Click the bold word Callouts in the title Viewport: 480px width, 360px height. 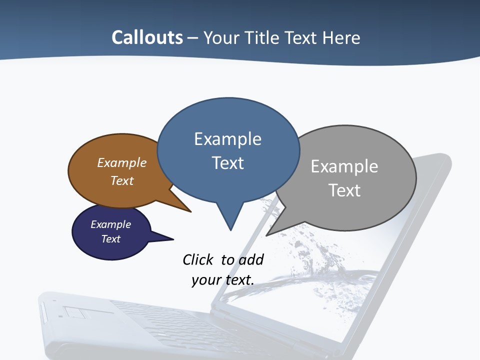click(x=147, y=37)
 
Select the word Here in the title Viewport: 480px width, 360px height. click(x=342, y=37)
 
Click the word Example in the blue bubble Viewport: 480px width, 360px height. click(x=227, y=139)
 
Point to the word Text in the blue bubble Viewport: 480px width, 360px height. click(x=227, y=163)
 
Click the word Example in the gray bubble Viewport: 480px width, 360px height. click(x=344, y=166)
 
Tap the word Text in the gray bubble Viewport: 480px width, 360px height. click(x=344, y=190)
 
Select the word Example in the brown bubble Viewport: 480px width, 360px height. click(x=122, y=163)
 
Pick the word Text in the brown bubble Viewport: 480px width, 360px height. click(x=122, y=180)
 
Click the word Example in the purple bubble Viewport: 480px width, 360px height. click(x=110, y=224)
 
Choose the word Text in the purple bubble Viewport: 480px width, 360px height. click(x=110, y=239)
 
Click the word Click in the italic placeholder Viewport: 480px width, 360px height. click(x=198, y=259)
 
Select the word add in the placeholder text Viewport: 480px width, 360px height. click(x=250, y=259)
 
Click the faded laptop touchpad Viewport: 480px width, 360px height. click(x=75, y=313)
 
